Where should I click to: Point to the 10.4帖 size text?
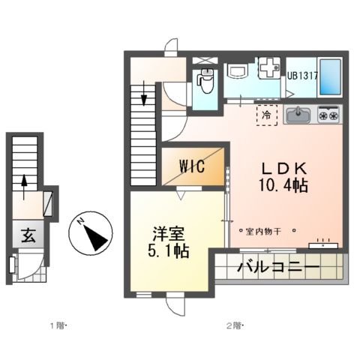click(282, 184)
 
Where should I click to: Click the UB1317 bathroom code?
click(301, 74)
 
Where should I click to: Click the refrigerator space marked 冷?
click(267, 115)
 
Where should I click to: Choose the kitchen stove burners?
click(328, 114)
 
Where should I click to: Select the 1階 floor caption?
click(58, 325)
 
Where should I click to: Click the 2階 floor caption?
click(234, 325)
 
